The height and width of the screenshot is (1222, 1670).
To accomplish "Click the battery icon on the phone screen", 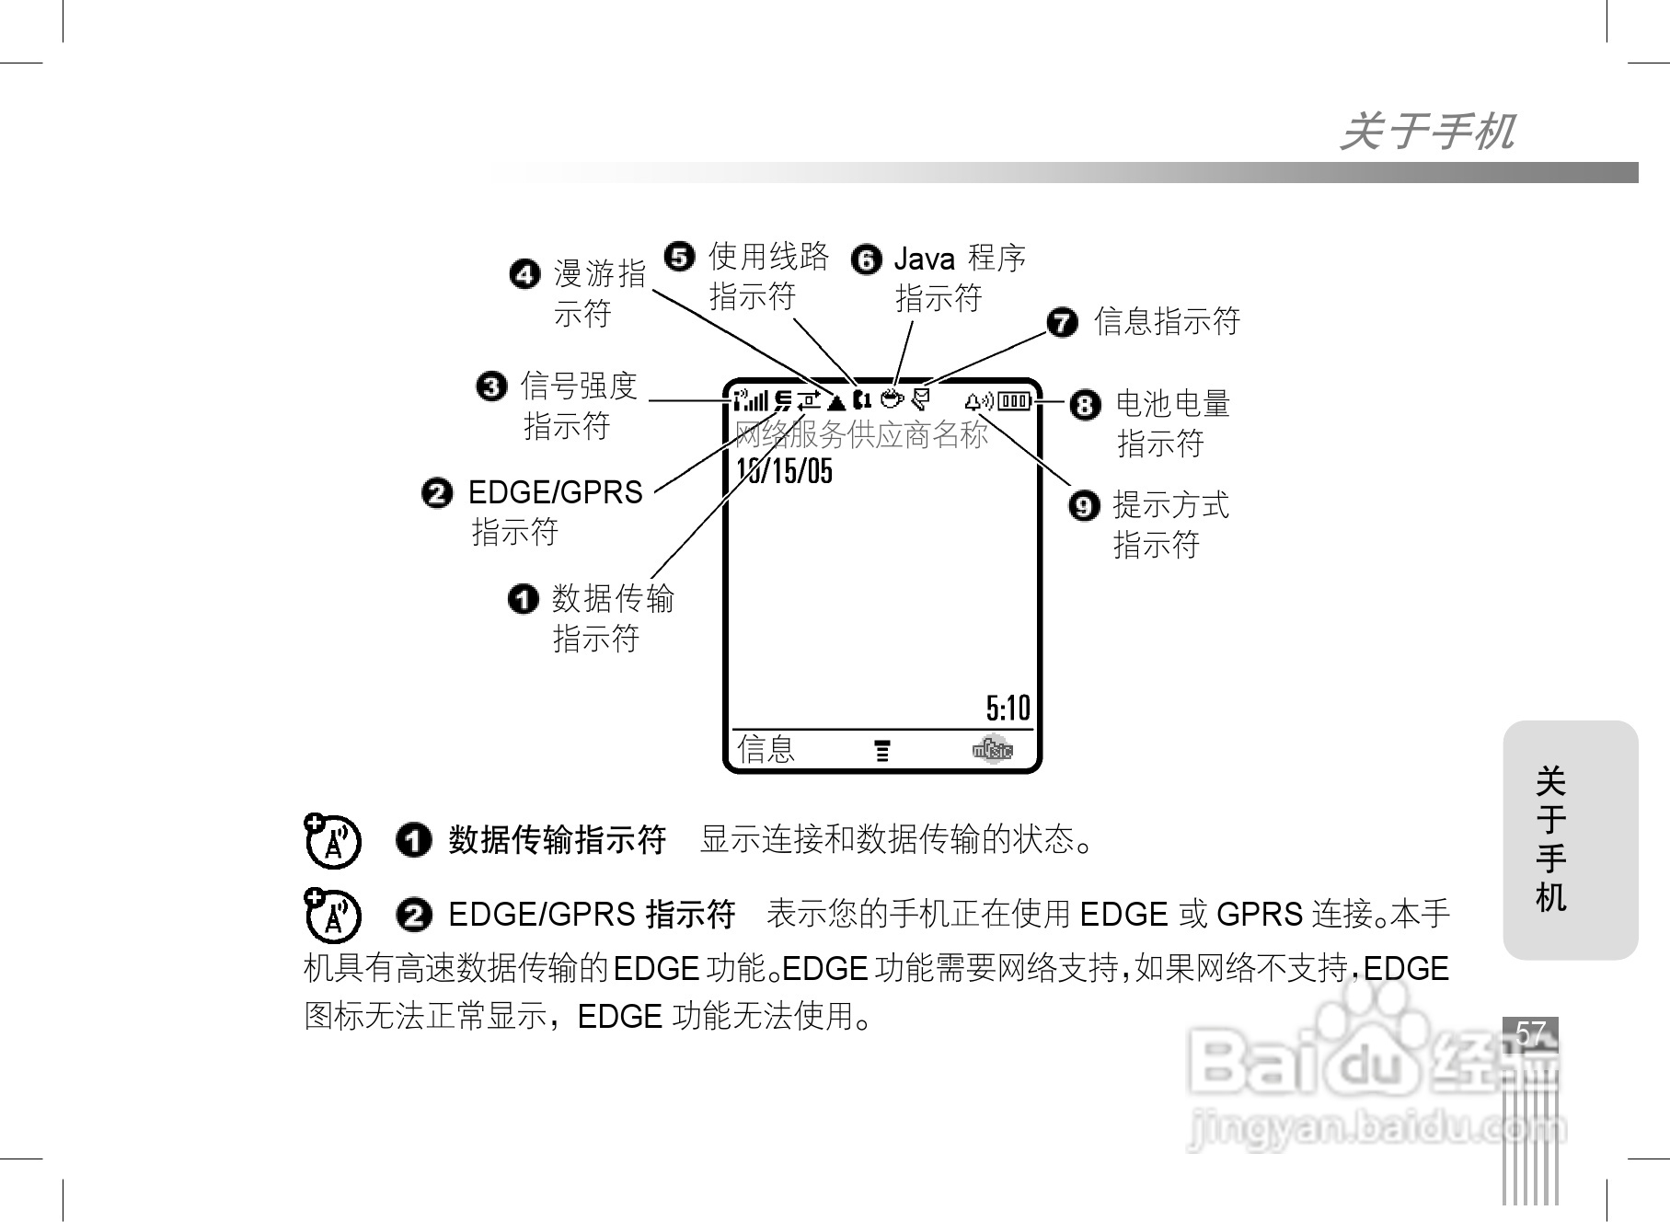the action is pyautogui.click(x=1015, y=400).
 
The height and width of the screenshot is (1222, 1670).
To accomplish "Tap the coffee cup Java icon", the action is pyautogui.click(x=891, y=399).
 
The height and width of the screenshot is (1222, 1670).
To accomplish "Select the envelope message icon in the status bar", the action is pyautogui.click(x=920, y=399).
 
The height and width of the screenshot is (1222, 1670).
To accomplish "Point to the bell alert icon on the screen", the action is pyautogui.click(x=978, y=400).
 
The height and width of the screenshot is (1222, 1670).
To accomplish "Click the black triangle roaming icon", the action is pyautogui.click(x=836, y=401).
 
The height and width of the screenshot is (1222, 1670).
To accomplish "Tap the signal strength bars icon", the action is pyautogui.click(x=751, y=400).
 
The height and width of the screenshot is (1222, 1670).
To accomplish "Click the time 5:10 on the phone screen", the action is pyautogui.click(x=1008, y=709).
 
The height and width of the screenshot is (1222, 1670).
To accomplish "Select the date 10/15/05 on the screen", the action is pyautogui.click(x=785, y=471).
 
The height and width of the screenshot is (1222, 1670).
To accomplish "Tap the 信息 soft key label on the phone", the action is pyautogui.click(x=766, y=749).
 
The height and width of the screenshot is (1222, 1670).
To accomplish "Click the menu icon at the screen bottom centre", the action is pyautogui.click(x=882, y=751).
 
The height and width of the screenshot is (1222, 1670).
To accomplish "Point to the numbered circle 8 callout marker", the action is pyautogui.click(x=1086, y=405).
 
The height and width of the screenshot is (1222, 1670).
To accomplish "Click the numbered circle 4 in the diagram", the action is pyautogui.click(x=524, y=274).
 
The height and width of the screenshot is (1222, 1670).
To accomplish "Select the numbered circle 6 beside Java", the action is pyautogui.click(x=866, y=259).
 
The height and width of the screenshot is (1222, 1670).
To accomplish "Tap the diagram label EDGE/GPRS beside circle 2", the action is pyautogui.click(x=556, y=493).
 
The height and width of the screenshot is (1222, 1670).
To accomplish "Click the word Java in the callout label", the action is pyautogui.click(x=924, y=259).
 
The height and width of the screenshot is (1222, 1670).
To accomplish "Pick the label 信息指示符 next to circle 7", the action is pyautogui.click(x=1167, y=322).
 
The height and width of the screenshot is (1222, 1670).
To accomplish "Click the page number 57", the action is pyautogui.click(x=1530, y=1032).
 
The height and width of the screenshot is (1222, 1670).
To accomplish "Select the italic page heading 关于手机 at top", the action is pyautogui.click(x=1427, y=132).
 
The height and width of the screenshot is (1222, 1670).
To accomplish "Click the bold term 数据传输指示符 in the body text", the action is pyautogui.click(x=557, y=840).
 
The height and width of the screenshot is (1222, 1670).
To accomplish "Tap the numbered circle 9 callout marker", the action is pyautogui.click(x=1085, y=506).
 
